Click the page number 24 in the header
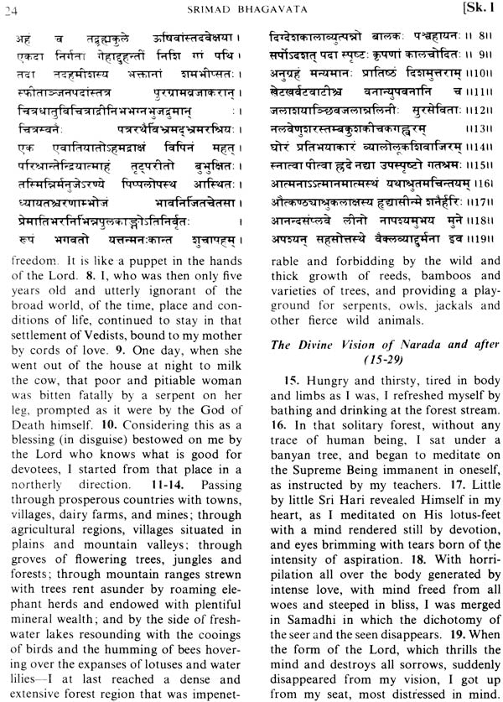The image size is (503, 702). [13, 10]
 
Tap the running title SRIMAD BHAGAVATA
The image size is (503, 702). [252, 10]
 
